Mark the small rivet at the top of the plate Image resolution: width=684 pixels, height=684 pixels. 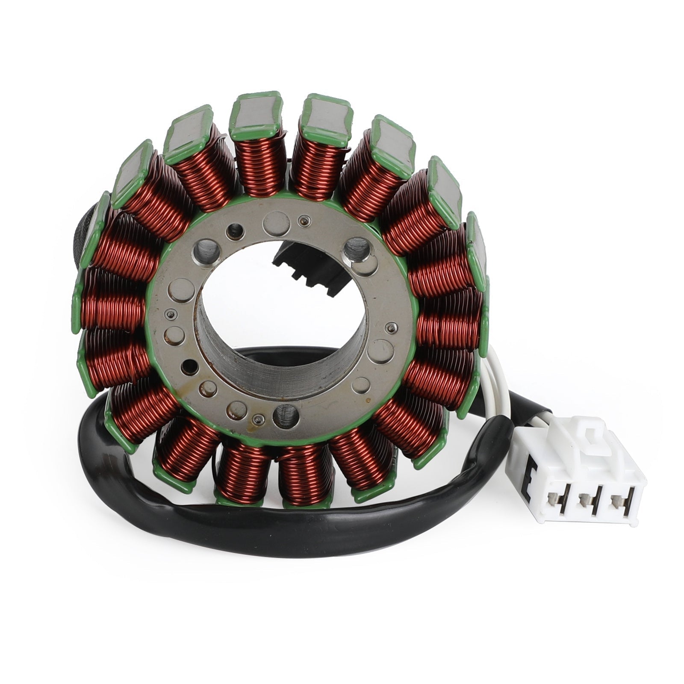pyautogui.click(x=304, y=221)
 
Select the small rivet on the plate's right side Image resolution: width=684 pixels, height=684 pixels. pyautogui.click(x=390, y=328)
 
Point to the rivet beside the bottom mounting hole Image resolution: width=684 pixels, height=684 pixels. pyautogui.click(x=257, y=418)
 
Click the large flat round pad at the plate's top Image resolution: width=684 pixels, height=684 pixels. pyautogui.click(x=274, y=223)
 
